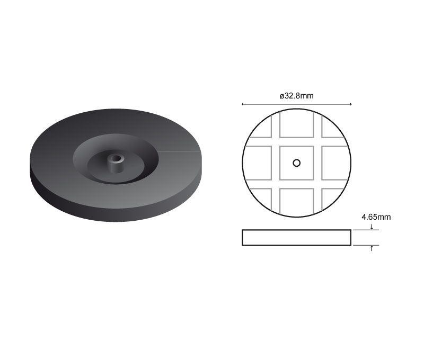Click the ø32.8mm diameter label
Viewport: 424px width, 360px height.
click(x=297, y=96)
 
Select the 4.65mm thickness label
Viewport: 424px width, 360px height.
click(x=376, y=217)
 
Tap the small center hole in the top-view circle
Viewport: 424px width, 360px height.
click(x=297, y=163)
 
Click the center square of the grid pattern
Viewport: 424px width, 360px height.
click(x=297, y=163)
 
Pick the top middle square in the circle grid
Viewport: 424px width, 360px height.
click(x=297, y=124)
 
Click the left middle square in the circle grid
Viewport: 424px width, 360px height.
click(x=258, y=163)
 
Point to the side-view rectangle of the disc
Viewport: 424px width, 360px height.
click(x=297, y=238)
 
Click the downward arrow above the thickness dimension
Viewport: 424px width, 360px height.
click(x=372, y=227)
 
